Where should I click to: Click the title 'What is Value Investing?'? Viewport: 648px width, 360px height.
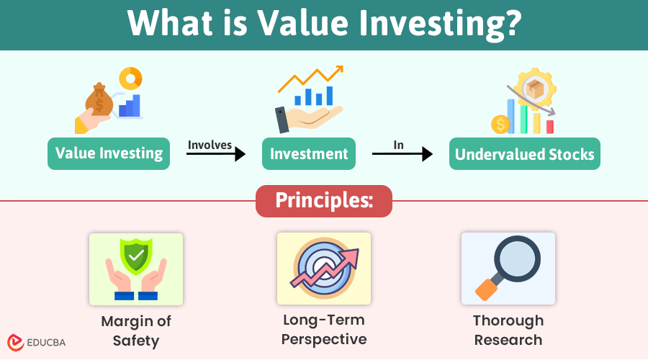[x=324, y=24]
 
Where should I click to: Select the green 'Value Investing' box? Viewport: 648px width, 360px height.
[x=109, y=153]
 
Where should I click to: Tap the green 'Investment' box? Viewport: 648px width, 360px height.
[x=309, y=153]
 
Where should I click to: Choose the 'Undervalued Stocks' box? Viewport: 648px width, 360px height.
[x=525, y=153]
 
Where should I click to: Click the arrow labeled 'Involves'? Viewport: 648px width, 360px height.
[x=216, y=154]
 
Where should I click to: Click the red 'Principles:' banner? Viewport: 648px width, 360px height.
[x=324, y=201]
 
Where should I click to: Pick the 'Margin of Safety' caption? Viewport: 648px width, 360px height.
[x=136, y=330]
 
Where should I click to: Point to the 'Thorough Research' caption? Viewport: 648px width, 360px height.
[x=508, y=330]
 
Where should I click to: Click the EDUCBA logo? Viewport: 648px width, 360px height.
[x=37, y=343]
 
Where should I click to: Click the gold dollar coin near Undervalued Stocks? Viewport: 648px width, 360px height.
[x=500, y=125]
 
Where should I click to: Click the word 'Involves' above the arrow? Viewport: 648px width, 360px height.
[x=210, y=145]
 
